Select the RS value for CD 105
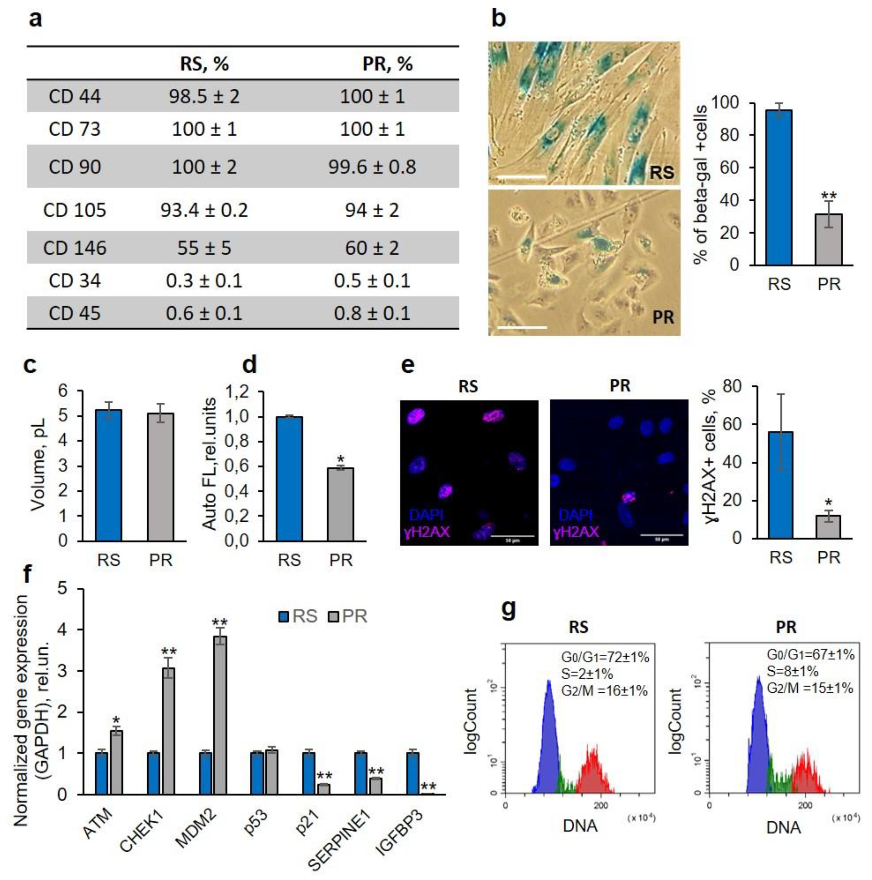click(x=204, y=210)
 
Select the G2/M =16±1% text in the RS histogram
click(x=604, y=690)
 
